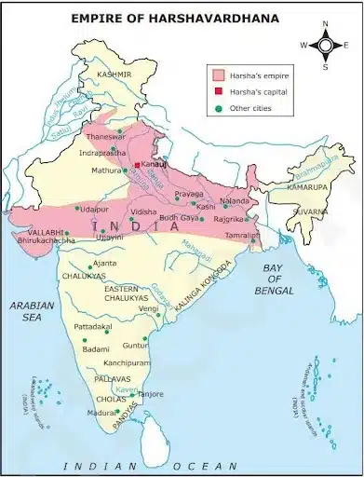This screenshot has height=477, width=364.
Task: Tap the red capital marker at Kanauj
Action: (x=137, y=165)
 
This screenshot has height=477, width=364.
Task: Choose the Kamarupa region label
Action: (x=306, y=188)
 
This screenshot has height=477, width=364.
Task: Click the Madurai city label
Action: (x=102, y=413)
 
